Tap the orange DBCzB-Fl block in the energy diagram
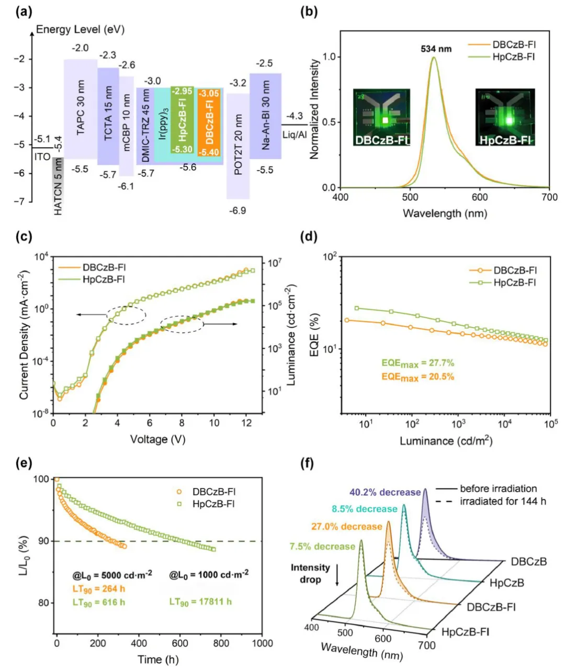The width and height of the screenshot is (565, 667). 209,122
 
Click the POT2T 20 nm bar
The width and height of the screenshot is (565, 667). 238,146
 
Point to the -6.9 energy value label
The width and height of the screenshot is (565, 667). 238,210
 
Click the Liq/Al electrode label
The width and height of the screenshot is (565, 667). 295,135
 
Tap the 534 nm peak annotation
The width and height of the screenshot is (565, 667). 436,49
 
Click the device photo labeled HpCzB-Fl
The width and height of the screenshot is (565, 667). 505,117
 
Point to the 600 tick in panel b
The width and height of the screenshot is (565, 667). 480,197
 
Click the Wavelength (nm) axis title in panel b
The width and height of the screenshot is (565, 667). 445,214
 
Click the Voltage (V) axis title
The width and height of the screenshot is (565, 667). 157,439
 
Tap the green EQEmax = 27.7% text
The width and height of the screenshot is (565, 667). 417,363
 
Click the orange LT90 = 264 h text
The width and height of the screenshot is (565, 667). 99,589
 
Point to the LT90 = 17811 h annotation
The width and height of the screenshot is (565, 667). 200,602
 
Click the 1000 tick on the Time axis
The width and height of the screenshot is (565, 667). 262,643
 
